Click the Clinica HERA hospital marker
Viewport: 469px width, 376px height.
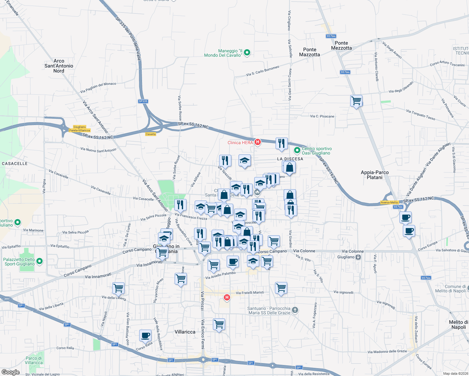(x=258, y=142)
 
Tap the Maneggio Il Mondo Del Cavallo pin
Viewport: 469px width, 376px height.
(x=247, y=53)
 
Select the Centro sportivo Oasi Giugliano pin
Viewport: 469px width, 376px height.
(x=297, y=151)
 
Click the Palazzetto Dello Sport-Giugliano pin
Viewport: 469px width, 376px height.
(x=40, y=261)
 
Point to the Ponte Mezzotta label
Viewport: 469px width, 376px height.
(x=341, y=45)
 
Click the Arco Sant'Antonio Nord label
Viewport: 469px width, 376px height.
(x=59, y=66)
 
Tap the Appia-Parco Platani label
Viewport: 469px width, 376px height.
(x=375, y=175)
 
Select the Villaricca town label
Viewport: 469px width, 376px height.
(x=185, y=332)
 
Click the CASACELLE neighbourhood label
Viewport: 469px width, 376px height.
(x=15, y=164)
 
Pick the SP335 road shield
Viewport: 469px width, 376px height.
(x=143, y=101)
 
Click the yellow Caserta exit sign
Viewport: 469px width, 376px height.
(x=151, y=134)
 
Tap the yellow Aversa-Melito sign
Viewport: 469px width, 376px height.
(x=389, y=202)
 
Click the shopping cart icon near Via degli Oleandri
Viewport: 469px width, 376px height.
(x=356, y=101)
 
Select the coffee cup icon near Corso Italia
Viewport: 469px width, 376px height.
(x=145, y=335)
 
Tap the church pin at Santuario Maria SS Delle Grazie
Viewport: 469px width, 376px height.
(x=295, y=310)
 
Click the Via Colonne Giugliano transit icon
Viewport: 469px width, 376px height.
(x=358, y=257)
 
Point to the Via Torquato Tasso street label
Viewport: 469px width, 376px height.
(x=420, y=115)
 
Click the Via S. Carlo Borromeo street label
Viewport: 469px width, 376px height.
(x=262, y=71)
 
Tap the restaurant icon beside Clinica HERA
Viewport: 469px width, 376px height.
(x=282, y=143)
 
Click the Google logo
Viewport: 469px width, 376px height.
(x=11, y=372)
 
